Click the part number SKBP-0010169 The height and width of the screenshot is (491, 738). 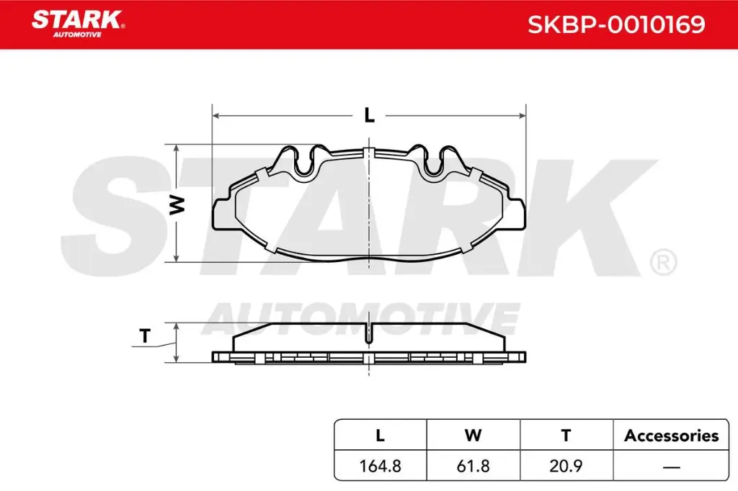click(x=616, y=25)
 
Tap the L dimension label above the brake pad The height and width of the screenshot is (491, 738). click(x=369, y=115)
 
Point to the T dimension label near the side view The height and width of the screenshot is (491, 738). click(x=145, y=335)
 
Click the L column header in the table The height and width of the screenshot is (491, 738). click(x=381, y=435)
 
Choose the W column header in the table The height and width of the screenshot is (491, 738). click(x=473, y=435)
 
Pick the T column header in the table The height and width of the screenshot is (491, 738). click(x=566, y=435)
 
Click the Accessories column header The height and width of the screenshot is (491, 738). click(x=670, y=435)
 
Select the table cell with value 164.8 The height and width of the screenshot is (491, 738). click(x=381, y=466)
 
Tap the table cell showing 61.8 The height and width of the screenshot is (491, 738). click(x=473, y=466)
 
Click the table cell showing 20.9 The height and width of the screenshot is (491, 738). click(x=566, y=466)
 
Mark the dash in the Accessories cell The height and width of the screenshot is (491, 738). click(x=670, y=467)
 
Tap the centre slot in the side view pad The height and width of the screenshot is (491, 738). click(x=369, y=333)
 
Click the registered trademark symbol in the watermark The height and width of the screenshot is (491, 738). click(x=662, y=262)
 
